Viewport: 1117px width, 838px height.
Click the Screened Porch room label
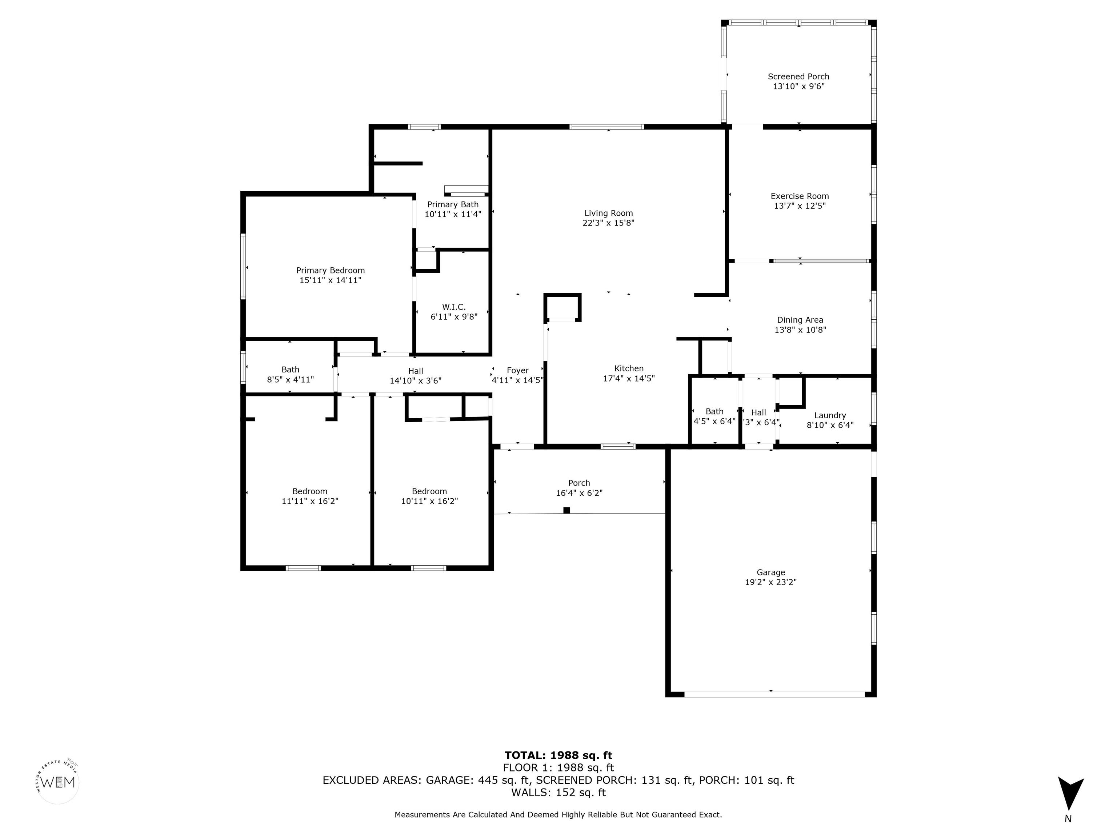click(798, 77)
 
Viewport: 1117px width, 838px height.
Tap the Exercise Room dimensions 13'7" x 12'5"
click(800, 206)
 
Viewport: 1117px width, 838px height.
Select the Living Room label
click(608, 213)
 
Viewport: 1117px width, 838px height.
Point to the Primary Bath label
click(453, 204)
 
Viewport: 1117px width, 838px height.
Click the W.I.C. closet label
click(454, 307)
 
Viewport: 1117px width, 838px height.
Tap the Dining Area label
click(800, 320)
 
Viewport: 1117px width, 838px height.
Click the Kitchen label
click(629, 369)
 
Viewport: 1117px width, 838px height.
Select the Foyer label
click(518, 371)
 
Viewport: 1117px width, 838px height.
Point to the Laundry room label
click(830, 416)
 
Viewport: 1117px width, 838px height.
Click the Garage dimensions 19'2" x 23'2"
click(770, 582)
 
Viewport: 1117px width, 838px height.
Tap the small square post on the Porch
click(566, 510)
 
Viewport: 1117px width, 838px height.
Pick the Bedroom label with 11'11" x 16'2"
click(309, 491)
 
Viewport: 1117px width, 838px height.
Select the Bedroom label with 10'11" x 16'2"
click(429, 491)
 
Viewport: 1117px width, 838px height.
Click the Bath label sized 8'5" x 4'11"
click(291, 370)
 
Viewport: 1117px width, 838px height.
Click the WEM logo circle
click(58, 782)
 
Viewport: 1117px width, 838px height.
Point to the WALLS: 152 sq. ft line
click(558, 793)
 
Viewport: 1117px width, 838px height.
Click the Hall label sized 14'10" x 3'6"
click(416, 371)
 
